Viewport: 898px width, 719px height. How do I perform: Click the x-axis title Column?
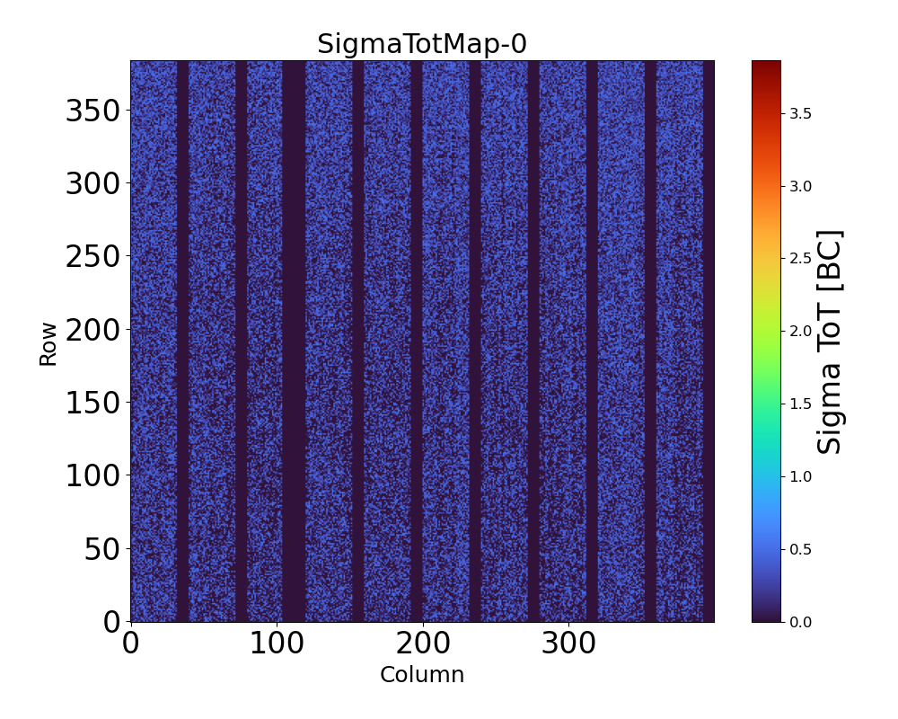(422, 675)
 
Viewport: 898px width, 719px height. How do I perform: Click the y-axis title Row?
(48, 344)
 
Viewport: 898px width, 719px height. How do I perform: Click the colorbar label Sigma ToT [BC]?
(831, 342)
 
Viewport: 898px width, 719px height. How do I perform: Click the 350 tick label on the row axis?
(93, 111)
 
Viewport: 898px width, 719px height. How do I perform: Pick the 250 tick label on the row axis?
(93, 257)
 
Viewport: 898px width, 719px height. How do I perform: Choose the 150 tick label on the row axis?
(93, 403)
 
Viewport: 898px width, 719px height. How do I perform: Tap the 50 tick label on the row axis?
(104, 549)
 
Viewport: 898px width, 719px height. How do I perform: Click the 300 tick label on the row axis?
(93, 183)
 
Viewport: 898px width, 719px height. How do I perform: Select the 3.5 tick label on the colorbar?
(801, 113)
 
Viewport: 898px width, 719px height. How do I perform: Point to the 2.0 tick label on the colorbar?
(801, 331)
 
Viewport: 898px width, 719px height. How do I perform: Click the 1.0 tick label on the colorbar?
(801, 476)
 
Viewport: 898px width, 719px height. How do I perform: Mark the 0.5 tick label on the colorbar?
(801, 549)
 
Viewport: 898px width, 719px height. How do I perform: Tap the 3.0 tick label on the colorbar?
(801, 186)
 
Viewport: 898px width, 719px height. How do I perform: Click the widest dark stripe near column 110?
(294, 342)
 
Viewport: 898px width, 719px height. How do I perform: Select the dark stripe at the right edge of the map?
(709, 342)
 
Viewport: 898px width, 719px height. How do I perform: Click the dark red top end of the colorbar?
(766, 65)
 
